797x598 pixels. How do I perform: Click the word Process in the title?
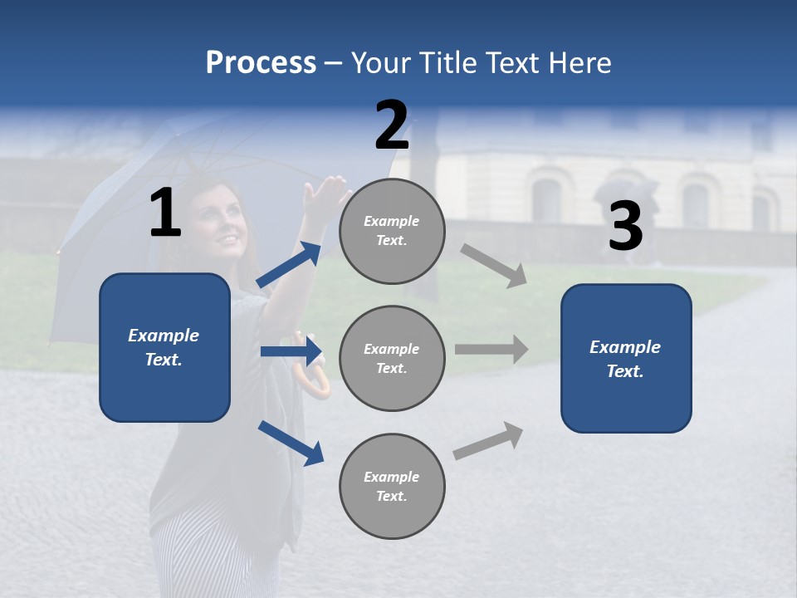pos(261,63)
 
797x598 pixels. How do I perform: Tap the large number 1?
pos(165,213)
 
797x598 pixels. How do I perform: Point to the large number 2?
pos(392,125)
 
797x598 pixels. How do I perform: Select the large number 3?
pos(625,227)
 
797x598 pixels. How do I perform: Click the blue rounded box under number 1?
pos(164,347)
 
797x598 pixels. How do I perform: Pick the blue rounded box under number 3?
pos(626,358)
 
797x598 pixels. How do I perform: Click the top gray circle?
pos(392,231)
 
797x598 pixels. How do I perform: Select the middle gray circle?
pos(392,358)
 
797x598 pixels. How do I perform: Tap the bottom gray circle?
pos(392,486)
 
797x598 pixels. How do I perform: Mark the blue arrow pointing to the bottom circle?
pos(291,442)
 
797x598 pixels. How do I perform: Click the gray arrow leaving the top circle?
pos(494,265)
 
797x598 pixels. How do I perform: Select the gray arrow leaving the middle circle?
pos(491,350)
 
